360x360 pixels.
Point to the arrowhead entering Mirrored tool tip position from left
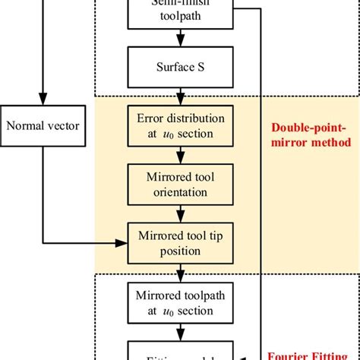point(121,243)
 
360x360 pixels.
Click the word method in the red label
point(333,142)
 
